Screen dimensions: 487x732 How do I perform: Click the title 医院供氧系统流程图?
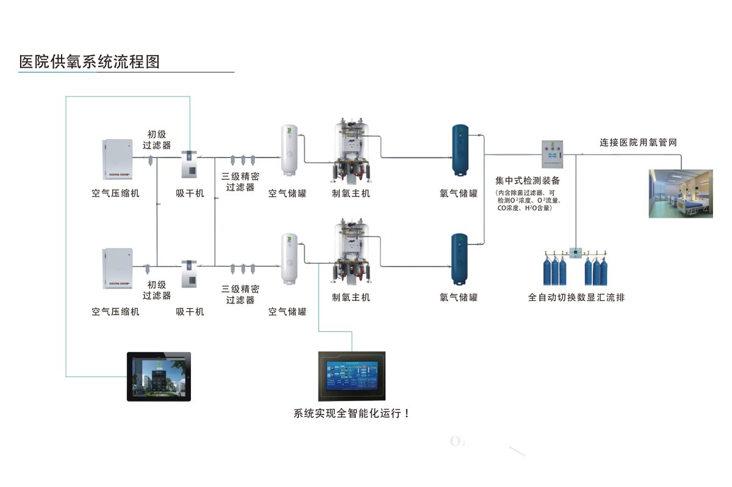89,62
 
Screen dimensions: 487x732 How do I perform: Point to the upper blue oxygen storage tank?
459,150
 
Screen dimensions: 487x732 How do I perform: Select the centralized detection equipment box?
552,154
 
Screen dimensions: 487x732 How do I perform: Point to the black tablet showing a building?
159,376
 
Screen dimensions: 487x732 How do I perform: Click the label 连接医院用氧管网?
638,143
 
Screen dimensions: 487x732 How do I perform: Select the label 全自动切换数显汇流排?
576,298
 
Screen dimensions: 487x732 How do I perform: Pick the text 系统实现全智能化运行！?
352,413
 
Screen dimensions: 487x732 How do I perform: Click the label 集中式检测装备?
528,181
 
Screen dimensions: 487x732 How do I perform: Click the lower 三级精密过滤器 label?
240,294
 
